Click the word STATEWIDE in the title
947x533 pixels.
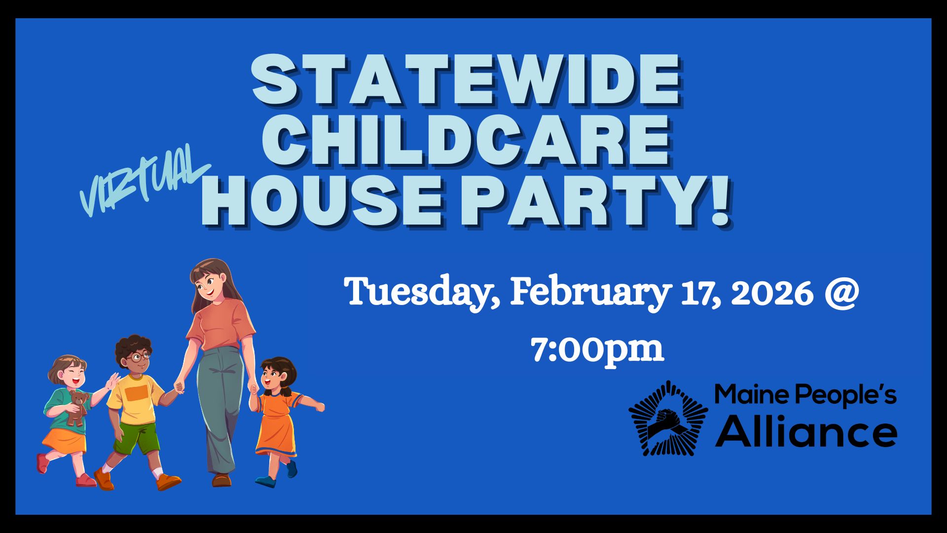pos(466,80)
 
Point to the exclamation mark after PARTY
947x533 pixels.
pos(717,199)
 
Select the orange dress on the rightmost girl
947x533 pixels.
pos(278,424)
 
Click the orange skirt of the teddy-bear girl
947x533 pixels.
pos(65,441)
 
